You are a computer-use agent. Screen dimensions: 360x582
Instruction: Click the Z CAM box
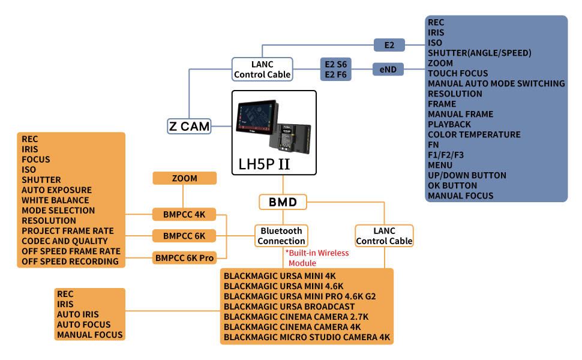pyautogui.click(x=189, y=126)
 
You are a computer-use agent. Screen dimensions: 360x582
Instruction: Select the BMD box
pyautogui.click(x=283, y=202)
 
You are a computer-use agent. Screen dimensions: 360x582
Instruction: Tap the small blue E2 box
pyautogui.click(x=389, y=45)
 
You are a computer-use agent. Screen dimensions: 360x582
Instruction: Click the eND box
pyautogui.click(x=388, y=70)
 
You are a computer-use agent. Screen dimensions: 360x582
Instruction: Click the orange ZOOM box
pyautogui.click(x=184, y=178)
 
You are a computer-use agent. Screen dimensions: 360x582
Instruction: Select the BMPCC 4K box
pyautogui.click(x=184, y=215)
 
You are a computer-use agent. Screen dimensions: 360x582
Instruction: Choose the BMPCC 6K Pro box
pyautogui.click(x=184, y=258)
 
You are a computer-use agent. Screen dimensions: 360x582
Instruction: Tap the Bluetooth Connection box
pyautogui.click(x=281, y=236)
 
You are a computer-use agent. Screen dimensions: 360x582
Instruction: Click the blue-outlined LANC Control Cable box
pyautogui.click(x=262, y=70)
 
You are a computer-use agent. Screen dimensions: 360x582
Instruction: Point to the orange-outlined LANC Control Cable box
pyautogui.click(x=384, y=236)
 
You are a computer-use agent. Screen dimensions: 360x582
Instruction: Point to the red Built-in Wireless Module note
pyautogui.click(x=317, y=258)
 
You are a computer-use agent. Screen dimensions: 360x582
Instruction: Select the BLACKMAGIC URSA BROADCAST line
pyautogui.click(x=289, y=307)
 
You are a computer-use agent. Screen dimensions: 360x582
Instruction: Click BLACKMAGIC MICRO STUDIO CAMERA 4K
pyautogui.click(x=307, y=337)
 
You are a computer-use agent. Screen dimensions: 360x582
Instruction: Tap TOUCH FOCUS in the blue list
pyautogui.click(x=458, y=73)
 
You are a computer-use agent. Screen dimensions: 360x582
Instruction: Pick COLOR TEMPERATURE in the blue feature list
pyautogui.click(x=474, y=134)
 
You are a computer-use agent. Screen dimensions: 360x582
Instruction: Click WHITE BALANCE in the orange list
pyautogui.click(x=55, y=200)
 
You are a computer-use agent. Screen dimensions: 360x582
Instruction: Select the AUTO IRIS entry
pyautogui.click(x=78, y=314)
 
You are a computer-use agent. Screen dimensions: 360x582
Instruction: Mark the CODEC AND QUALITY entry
pyautogui.click(x=65, y=241)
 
